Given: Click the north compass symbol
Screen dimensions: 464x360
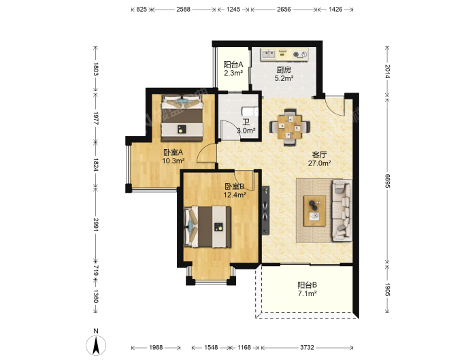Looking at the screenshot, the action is point(96,345).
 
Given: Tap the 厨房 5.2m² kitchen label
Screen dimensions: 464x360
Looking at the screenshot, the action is point(284,74).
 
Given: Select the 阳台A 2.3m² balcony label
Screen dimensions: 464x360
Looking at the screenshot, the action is point(233,69).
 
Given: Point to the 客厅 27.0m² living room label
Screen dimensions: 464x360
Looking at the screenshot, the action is point(319,159).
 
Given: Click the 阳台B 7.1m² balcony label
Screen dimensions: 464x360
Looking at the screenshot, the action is point(307,289).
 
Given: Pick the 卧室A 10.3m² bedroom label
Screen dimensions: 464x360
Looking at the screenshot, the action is point(173,157).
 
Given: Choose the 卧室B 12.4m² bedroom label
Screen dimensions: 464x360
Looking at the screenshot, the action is point(235,191).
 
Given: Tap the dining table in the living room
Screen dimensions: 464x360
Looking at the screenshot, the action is point(290,127).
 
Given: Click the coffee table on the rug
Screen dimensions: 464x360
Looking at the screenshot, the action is point(314,211).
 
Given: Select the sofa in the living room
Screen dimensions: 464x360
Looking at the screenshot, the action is point(342,210).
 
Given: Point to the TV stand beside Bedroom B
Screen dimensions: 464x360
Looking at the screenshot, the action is point(265,210).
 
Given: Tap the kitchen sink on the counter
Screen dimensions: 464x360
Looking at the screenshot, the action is point(269,54).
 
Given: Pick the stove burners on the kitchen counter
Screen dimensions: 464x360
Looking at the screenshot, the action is point(300,54).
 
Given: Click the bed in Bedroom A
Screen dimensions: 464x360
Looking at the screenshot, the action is point(182,118).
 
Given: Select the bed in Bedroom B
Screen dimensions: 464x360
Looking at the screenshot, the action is point(207,227).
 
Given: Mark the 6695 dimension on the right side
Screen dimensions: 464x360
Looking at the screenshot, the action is point(387,180).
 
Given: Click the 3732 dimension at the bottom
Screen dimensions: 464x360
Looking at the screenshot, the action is point(307,347).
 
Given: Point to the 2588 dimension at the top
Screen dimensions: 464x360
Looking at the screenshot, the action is point(183,9).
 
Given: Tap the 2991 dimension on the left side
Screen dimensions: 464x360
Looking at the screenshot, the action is point(95,225).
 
